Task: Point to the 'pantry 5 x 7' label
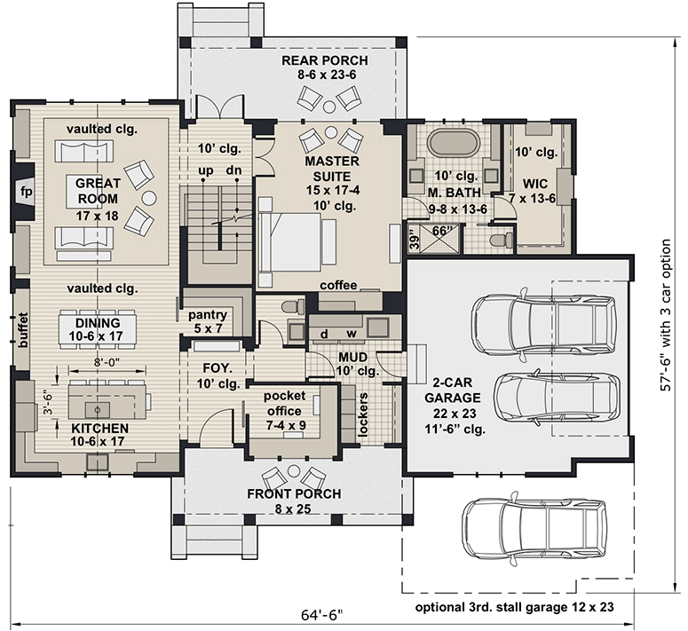tap(208, 322)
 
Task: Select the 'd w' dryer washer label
tap(338, 333)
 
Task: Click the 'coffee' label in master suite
tap(339, 285)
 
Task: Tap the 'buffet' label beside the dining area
tap(24, 332)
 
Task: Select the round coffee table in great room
tap(149, 198)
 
